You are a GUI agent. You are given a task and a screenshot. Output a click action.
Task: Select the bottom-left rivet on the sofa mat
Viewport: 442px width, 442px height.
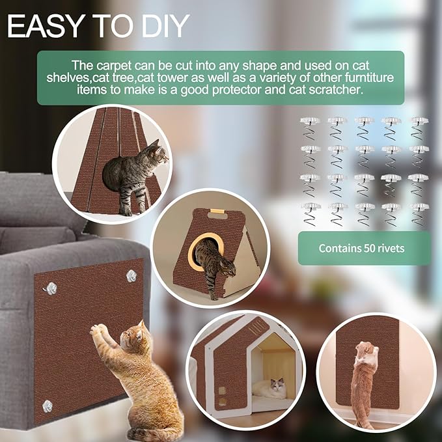point(48,406)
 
